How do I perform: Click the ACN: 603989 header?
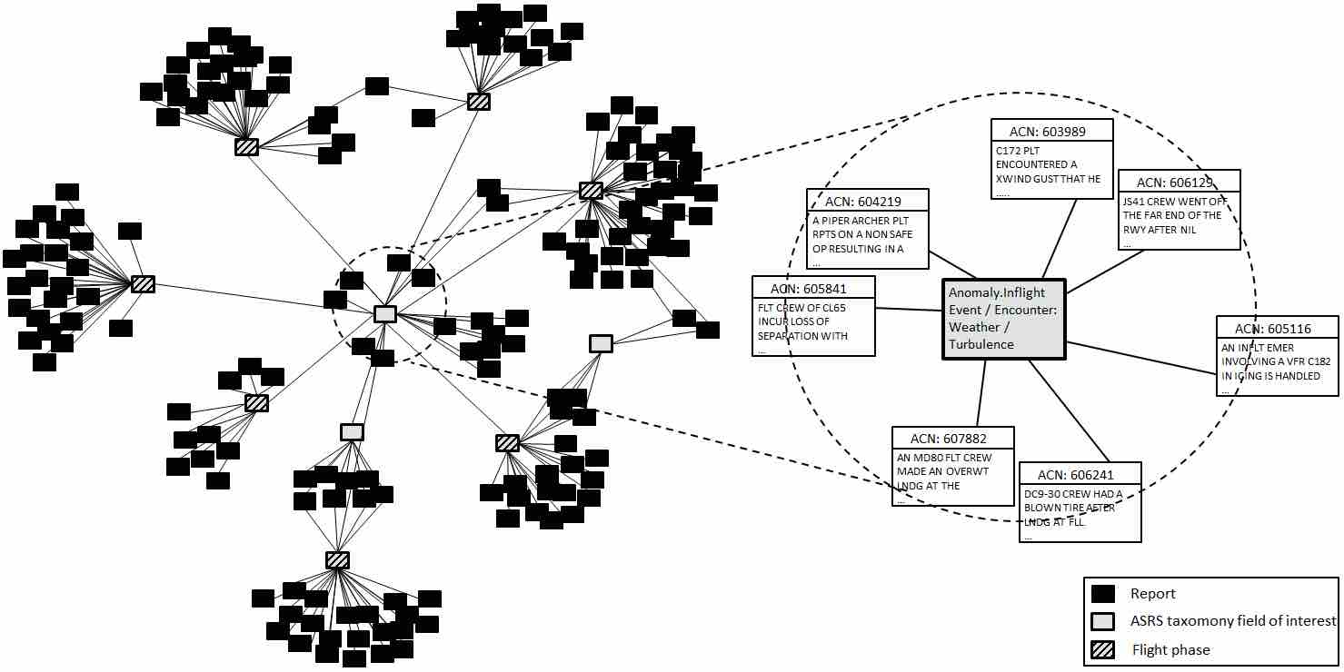[1048, 132]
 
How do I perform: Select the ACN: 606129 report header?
[1179, 183]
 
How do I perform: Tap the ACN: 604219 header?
[867, 201]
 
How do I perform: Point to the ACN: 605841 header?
[813, 289]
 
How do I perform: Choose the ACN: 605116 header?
[1277, 328]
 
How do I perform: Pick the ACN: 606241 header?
[1080, 475]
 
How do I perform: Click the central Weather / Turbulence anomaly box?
[1004, 319]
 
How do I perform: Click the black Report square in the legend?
[1102, 594]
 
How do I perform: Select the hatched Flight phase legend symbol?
[1102, 650]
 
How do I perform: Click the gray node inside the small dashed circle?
[385, 314]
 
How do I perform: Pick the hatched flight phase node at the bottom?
[337, 560]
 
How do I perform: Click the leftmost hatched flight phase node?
[143, 284]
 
